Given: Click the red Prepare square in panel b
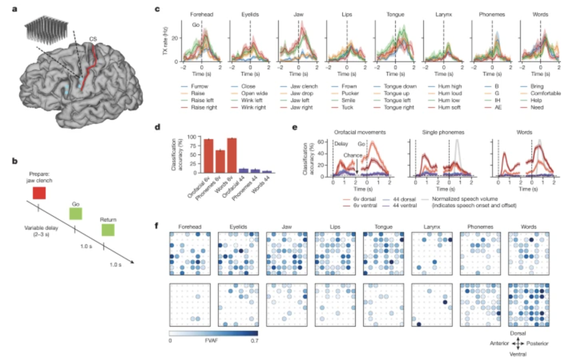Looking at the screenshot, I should point(39,193).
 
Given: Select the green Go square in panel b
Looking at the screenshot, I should point(75,214).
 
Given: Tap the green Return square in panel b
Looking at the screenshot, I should point(108,230).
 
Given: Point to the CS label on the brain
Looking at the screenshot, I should point(93,39).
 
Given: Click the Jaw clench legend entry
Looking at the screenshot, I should point(304,86).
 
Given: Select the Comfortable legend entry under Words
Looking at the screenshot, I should point(545,93).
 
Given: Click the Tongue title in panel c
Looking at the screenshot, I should point(395,14).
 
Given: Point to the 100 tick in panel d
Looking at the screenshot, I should point(192,137).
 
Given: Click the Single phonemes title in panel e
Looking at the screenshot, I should point(443,132).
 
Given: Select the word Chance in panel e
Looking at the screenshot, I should point(352,155).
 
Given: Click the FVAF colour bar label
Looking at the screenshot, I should point(211,341).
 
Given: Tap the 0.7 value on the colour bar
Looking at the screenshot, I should point(254,341).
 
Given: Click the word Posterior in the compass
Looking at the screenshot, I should point(537,344).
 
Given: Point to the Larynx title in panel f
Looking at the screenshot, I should point(432,227).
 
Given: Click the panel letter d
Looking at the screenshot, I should point(157,127).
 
